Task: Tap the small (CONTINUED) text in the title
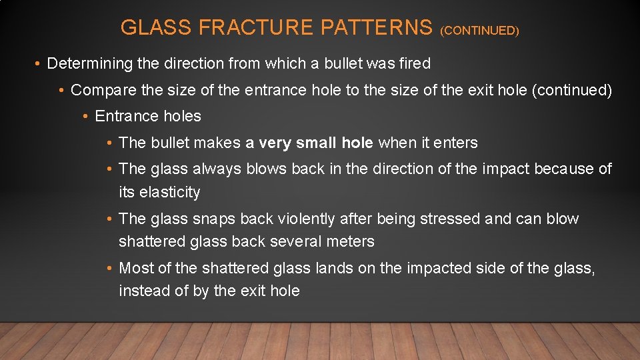(479, 30)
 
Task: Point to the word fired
(414, 63)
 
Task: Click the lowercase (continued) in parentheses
(571, 89)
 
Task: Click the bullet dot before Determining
(39, 64)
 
